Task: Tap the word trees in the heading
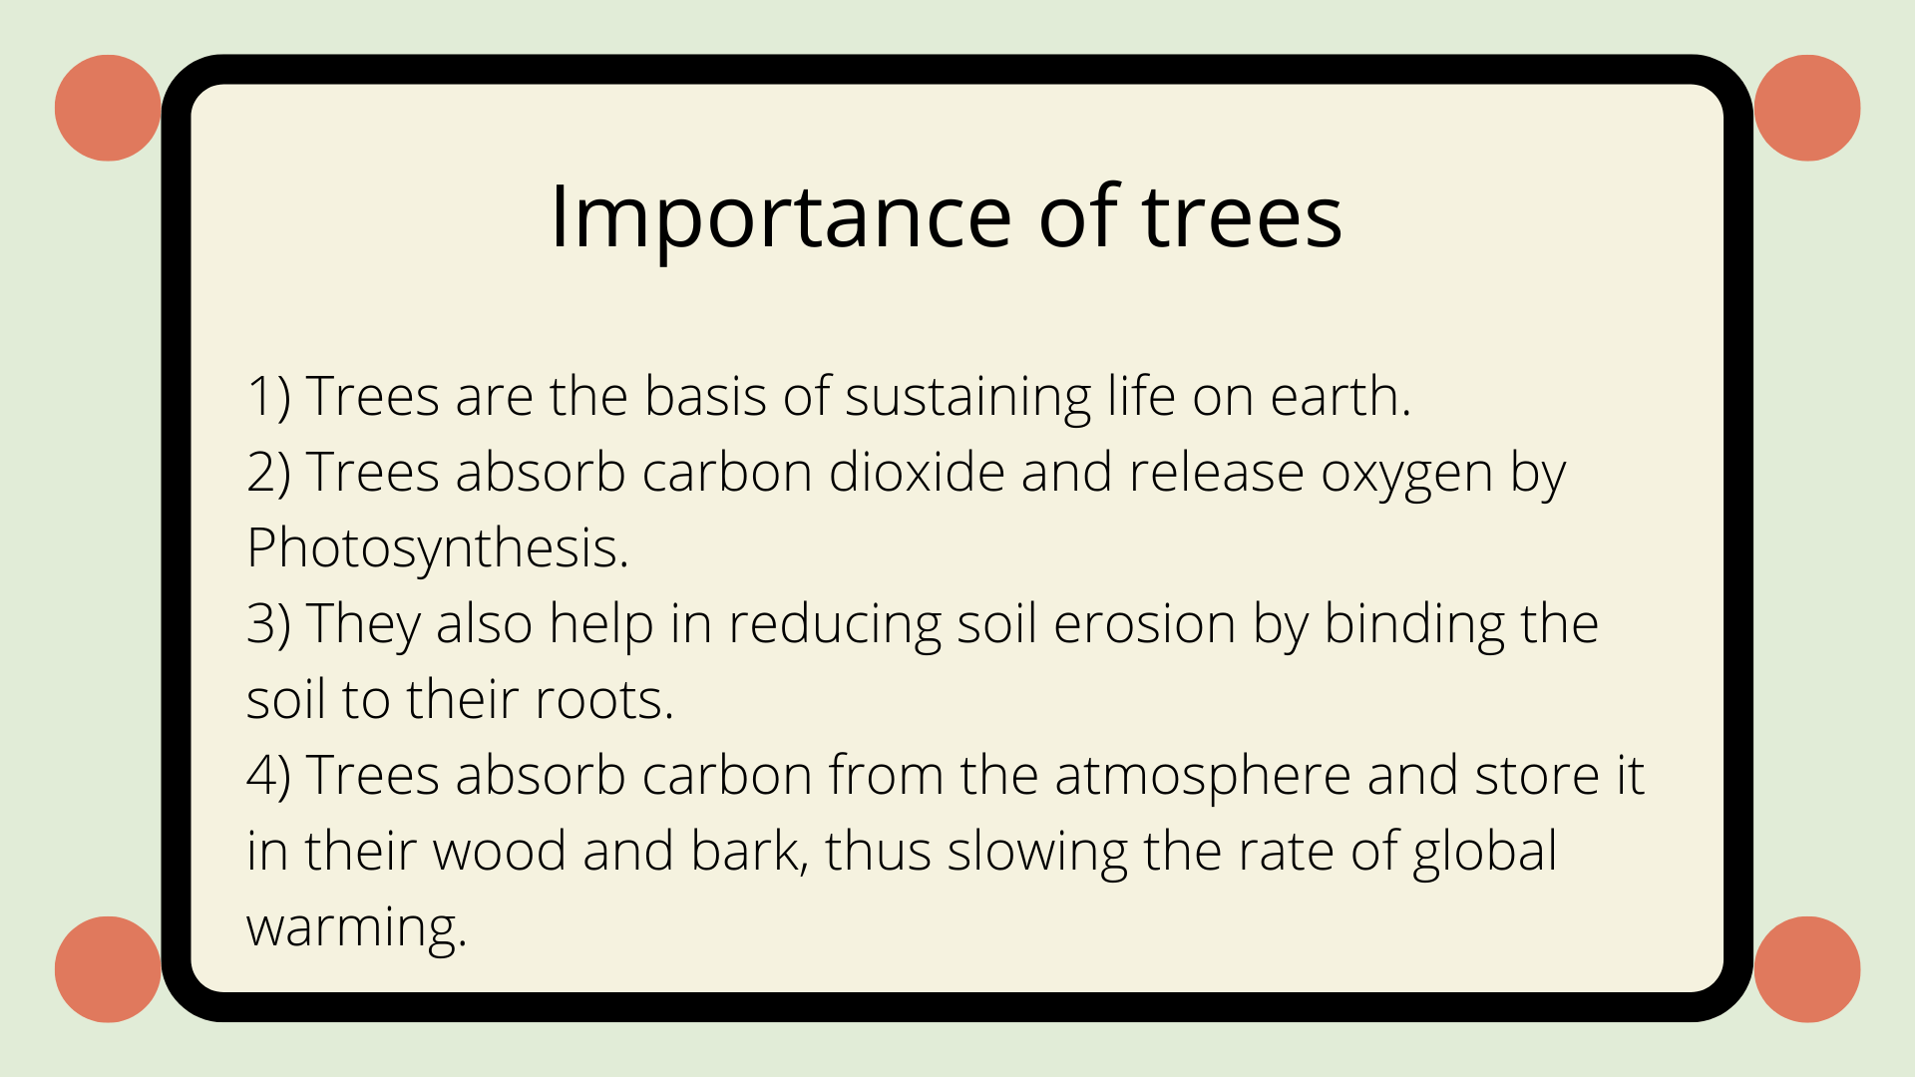click(1241, 217)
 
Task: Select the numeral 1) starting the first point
click(268, 397)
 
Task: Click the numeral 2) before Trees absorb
click(268, 473)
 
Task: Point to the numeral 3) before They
click(268, 624)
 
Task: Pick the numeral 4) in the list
click(268, 776)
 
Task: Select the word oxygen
click(1407, 475)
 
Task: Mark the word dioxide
click(917, 471)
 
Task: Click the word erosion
click(1144, 625)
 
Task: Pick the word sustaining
click(967, 399)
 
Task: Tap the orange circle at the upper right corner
click(1806, 108)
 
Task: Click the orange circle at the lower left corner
click(108, 969)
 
